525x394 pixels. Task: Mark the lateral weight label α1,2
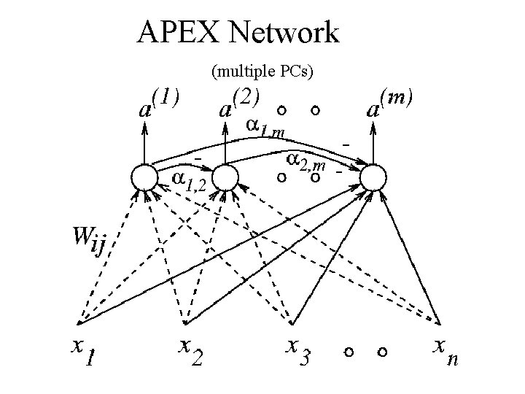pos(187,180)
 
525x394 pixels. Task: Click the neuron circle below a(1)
pos(144,177)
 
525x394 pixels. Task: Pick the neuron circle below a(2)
pos(226,177)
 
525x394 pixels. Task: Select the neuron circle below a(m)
pos(373,177)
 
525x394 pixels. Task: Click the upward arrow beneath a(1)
pos(144,142)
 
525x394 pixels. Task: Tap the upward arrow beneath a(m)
pos(373,142)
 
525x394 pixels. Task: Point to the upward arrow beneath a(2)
pos(226,142)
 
